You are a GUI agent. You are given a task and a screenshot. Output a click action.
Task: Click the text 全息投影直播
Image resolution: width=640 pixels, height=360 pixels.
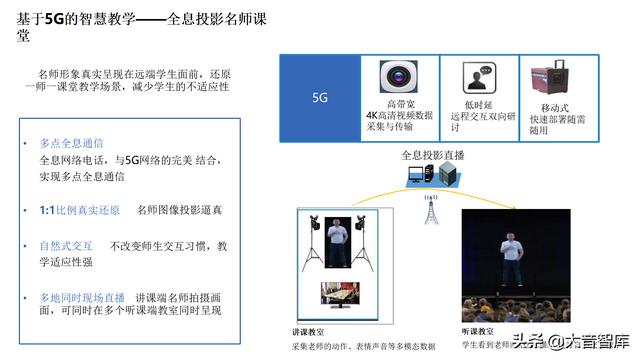432,156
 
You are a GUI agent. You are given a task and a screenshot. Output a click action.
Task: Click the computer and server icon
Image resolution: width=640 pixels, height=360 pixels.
432,178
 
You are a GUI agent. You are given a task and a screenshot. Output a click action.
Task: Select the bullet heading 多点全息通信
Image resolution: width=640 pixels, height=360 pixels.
71,143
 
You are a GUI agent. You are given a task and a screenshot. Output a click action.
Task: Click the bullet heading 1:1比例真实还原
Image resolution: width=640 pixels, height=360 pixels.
72,211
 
